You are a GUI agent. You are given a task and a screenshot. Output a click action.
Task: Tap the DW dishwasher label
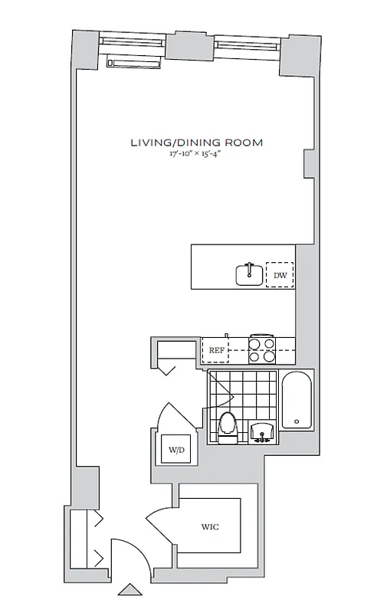(280, 275)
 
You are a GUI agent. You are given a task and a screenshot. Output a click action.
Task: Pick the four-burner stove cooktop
(261, 349)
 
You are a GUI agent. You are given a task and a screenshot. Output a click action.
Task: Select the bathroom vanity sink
(262, 431)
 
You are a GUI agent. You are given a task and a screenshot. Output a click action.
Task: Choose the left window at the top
(133, 43)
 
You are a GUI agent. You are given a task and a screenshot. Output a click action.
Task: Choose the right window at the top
(248, 44)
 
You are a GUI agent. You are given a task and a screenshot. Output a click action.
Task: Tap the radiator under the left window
(135, 64)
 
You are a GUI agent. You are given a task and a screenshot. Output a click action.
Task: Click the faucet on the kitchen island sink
(249, 267)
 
